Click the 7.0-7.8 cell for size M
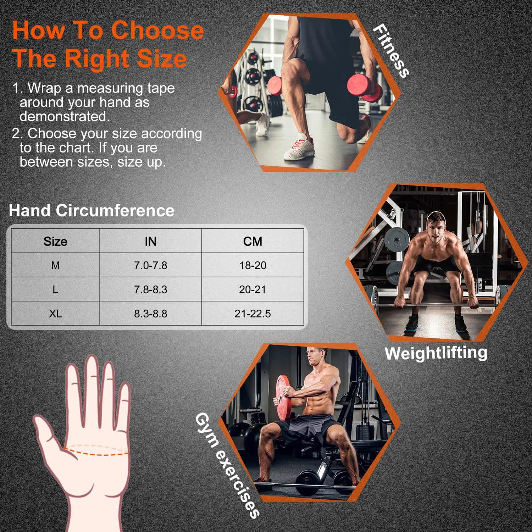tap(150, 265)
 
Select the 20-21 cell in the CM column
tap(253, 289)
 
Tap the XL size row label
tap(55, 314)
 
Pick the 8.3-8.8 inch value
tap(150, 314)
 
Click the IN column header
tap(150, 242)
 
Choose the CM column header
tap(253, 242)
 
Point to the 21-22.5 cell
tap(253, 314)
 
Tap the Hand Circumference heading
tap(92, 210)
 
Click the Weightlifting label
tap(436, 353)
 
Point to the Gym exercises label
tap(227, 465)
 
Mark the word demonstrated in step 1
tap(65, 116)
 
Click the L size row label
tap(55, 289)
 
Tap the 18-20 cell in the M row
tap(253, 265)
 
